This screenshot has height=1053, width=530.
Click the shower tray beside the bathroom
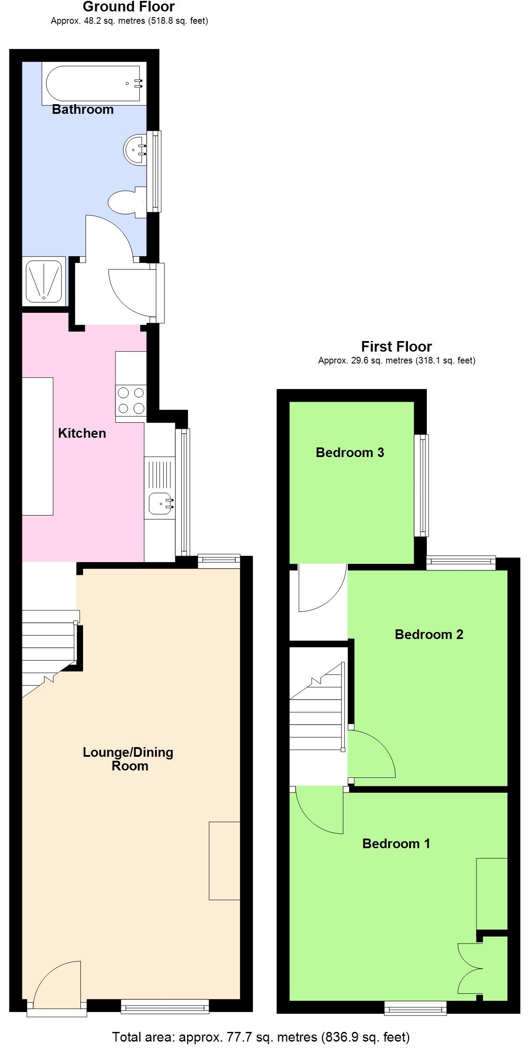pyautogui.click(x=43, y=281)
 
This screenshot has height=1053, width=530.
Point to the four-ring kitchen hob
pyautogui.click(x=131, y=400)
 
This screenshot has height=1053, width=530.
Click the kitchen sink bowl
pyautogui.click(x=160, y=504)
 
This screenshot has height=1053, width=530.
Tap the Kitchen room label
pyautogui.click(x=82, y=433)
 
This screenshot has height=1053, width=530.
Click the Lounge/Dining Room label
pyautogui.click(x=128, y=759)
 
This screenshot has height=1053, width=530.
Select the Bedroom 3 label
pyautogui.click(x=350, y=453)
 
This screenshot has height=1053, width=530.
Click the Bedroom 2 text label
pyautogui.click(x=429, y=634)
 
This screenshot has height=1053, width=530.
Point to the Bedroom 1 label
pyautogui.click(x=396, y=843)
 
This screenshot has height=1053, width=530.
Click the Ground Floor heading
pyautogui.click(x=129, y=7)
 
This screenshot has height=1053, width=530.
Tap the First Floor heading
pyautogui.click(x=396, y=346)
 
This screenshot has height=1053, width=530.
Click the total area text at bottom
pyautogui.click(x=261, y=1037)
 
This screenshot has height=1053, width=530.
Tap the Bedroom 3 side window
pyautogui.click(x=422, y=486)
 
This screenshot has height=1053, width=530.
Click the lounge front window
pyautogui.click(x=165, y=1006)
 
